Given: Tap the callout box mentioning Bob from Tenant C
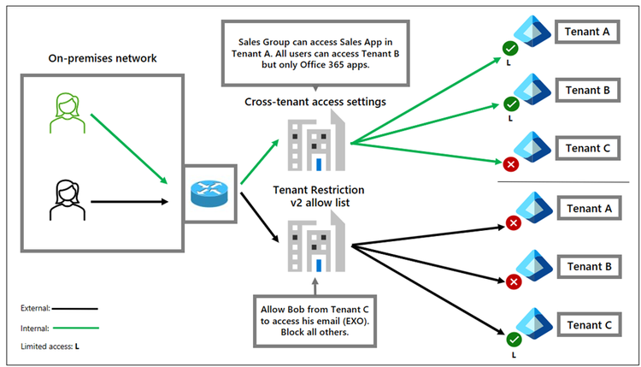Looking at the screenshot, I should [317, 318].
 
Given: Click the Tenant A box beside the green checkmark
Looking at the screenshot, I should [588, 33].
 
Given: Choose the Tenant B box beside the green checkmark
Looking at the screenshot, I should [588, 89].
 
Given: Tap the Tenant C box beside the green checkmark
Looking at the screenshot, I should [588, 325].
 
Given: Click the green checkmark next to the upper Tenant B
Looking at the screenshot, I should [511, 104].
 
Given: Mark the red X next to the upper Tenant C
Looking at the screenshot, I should [511, 163].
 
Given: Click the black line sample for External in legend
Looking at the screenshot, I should [74, 308].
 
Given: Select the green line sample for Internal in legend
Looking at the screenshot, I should [74, 327].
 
